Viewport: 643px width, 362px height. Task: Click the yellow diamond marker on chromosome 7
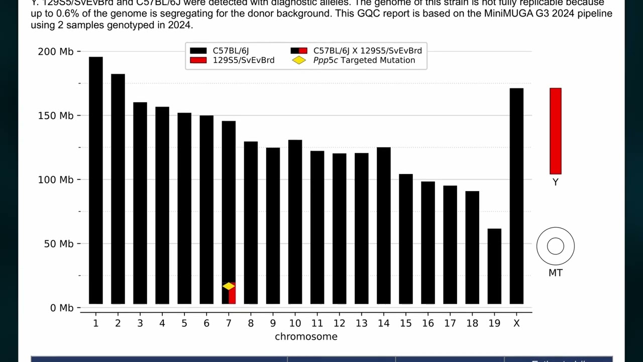click(x=229, y=286)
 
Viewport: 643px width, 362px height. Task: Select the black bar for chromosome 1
click(x=96, y=181)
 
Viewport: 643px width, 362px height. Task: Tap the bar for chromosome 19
click(x=494, y=266)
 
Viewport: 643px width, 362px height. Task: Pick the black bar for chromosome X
click(x=516, y=196)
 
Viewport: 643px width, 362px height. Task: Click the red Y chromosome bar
click(x=555, y=131)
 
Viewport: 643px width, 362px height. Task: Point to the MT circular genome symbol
click(x=555, y=246)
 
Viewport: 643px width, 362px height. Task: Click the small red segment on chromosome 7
click(x=232, y=297)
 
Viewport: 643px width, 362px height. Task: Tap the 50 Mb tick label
click(x=59, y=244)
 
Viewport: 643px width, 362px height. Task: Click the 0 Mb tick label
click(x=61, y=308)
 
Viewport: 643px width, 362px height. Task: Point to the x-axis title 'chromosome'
click(x=306, y=337)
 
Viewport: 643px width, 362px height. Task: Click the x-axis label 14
click(x=383, y=323)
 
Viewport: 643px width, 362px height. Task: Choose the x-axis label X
click(x=516, y=323)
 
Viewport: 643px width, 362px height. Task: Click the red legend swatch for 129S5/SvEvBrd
click(x=198, y=60)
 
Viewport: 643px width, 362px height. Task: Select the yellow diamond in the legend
click(x=299, y=60)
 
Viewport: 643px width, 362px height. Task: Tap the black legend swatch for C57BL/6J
click(x=198, y=51)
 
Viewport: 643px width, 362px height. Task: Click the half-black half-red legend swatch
click(x=299, y=51)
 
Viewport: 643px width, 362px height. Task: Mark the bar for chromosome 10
click(x=295, y=221)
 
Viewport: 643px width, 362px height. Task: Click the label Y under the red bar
click(x=555, y=183)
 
